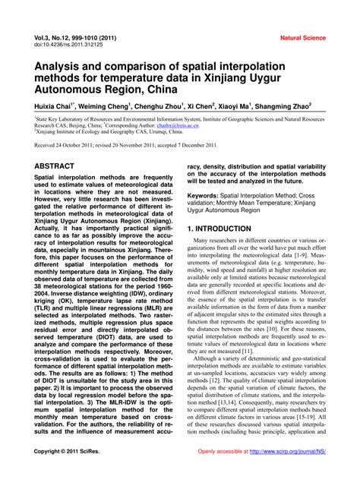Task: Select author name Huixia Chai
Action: tap(56, 106)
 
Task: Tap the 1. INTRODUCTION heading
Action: tap(229, 228)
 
